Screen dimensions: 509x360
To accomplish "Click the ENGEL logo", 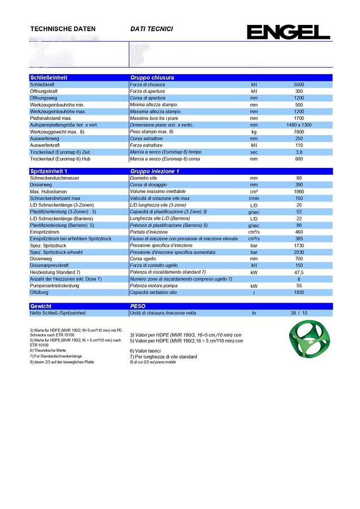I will click(x=288, y=32).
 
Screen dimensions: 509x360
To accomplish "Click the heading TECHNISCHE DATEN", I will click(x=62, y=29).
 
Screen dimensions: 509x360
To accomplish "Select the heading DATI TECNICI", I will click(x=151, y=29).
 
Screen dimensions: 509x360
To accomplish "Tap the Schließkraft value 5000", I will click(x=299, y=84).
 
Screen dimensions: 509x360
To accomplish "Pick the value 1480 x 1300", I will click(x=299, y=124).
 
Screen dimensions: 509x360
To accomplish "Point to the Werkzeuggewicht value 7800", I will click(x=299, y=131).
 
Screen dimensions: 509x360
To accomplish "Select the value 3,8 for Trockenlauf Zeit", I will click(x=299, y=152).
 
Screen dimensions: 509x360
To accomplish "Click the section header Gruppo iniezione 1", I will click(x=155, y=171).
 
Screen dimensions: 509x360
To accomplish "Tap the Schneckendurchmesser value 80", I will click(x=299, y=178).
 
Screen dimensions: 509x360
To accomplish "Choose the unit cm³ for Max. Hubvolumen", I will click(x=254, y=192).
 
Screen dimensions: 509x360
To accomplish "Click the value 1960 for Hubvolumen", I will click(x=299, y=192).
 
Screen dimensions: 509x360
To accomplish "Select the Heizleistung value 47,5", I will click(x=299, y=272).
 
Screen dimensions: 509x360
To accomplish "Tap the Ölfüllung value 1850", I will click(x=299, y=292).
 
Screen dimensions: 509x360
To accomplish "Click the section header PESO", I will click(x=139, y=305).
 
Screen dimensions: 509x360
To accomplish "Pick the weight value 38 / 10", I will click(x=299, y=313).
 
